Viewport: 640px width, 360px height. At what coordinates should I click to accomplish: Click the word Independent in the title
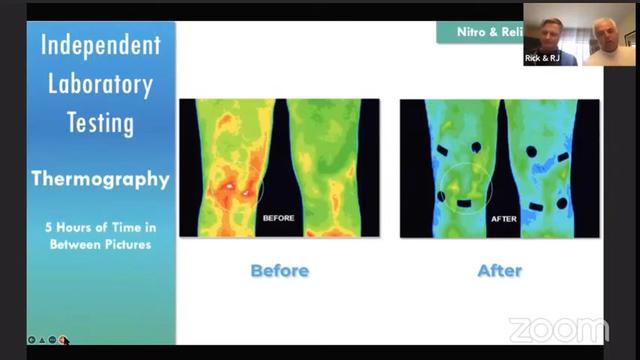[x=101, y=45]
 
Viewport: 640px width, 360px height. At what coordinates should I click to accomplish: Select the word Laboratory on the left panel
[x=101, y=84]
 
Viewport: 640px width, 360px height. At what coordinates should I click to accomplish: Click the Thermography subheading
[x=101, y=179]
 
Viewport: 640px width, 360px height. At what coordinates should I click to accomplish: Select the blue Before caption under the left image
[x=279, y=270]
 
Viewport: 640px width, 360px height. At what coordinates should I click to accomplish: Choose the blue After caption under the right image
[x=500, y=270]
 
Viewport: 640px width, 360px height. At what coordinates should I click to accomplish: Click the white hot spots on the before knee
[x=238, y=186]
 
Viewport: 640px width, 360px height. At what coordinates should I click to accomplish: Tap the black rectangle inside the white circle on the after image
[x=463, y=204]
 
